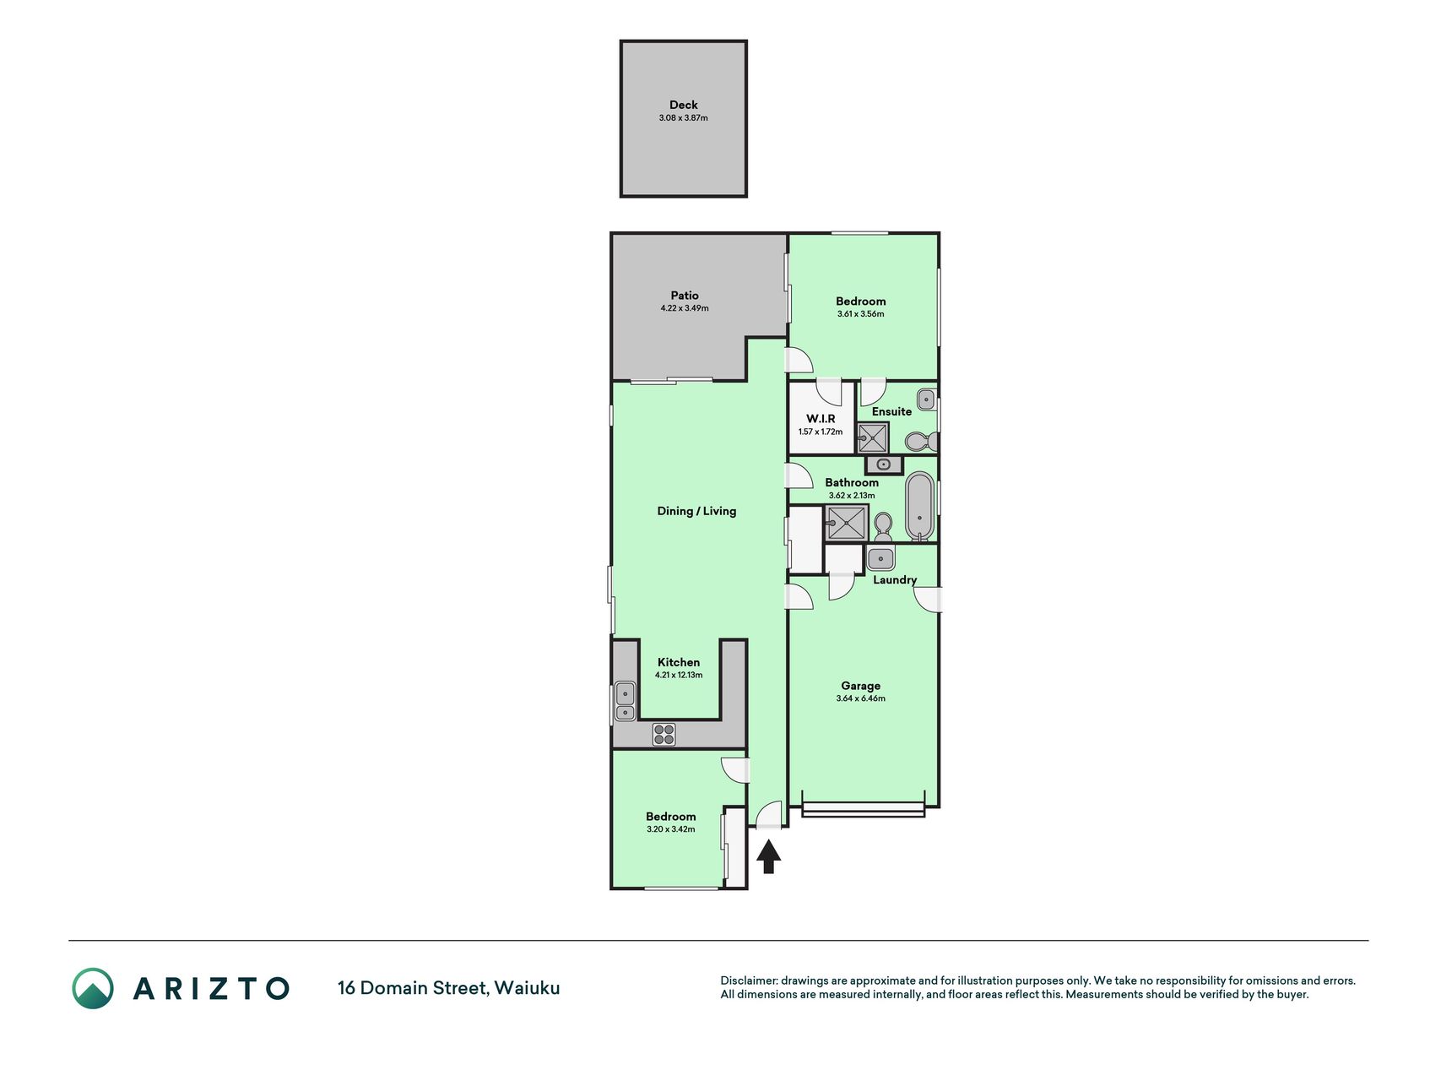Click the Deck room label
point(684,105)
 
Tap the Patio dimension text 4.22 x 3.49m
point(685,308)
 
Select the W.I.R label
point(821,419)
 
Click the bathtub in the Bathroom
point(920,507)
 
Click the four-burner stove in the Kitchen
point(664,735)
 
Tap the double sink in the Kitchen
point(625,701)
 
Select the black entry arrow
point(768,857)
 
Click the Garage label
point(860,686)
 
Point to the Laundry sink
point(880,558)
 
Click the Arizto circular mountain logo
point(93,988)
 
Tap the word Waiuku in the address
point(527,988)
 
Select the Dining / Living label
point(696,511)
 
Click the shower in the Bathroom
point(846,524)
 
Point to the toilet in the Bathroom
point(883,528)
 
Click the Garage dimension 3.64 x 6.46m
point(860,698)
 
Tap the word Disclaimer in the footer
point(748,981)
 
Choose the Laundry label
point(895,580)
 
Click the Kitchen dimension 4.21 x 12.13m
point(679,675)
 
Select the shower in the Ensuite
point(873,438)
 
